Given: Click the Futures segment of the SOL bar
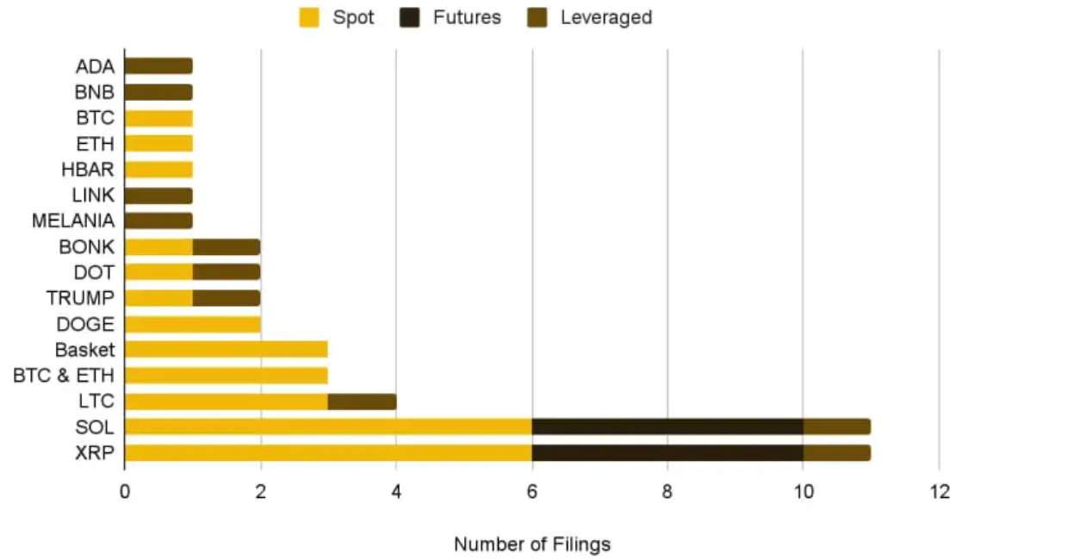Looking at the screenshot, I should point(667,426).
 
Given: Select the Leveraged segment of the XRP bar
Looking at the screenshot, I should point(836,452).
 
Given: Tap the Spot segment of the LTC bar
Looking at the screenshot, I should point(226,401).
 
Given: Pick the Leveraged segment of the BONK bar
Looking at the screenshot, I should point(226,246).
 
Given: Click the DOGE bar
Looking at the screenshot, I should point(192,324).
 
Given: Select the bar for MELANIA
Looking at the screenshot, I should point(158,221).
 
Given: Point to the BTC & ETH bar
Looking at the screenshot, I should point(226,376).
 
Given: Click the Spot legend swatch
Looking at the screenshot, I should point(309,17).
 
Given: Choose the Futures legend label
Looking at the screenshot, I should point(467,17).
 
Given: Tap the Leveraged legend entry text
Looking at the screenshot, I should point(605,17).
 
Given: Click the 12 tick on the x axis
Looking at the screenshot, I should point(939,492).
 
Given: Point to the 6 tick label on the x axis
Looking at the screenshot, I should point(531,492).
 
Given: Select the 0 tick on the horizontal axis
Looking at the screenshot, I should point(125,492).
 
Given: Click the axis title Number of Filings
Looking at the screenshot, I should point(531,544).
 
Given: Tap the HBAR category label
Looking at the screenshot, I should point(87,169).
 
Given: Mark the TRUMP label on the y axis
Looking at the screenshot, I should point(79,298).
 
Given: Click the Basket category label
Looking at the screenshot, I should point(84,350).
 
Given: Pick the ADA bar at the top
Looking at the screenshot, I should point(158,66).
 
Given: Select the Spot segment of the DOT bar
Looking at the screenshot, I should point(158,272).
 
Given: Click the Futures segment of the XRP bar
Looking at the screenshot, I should point(667,452).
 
